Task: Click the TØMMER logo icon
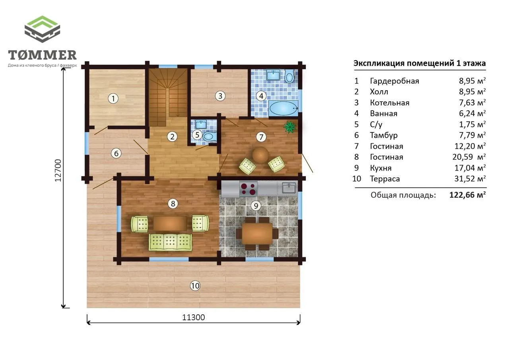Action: click(42, 29)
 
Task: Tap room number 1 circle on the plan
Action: click(113, 99)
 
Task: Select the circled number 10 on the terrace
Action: click(195, 286)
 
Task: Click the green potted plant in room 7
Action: click(290, 127)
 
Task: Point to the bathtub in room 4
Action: click(284, 108)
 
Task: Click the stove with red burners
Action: click(248, 189)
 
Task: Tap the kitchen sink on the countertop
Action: click(289, 188)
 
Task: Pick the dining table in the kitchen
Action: click(257, 234)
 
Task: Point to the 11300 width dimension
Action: click(193, 317)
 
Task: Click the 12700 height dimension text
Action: click(58, 171)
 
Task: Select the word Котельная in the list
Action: click(389, 103)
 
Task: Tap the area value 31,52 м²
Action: click(470, 179)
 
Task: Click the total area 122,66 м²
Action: click(467, 195)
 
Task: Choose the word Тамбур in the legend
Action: click(384, 135)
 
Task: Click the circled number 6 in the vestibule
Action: click(116, 154)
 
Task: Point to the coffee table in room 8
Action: click(170, 224)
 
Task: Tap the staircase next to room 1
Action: click(168, 95)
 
